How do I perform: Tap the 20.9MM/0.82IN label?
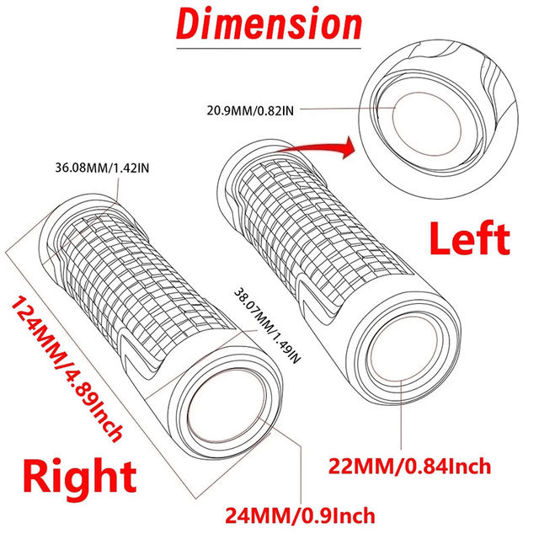[251, 109]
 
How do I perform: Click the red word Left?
[469, 240]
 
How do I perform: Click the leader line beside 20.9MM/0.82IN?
[345, 109]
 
